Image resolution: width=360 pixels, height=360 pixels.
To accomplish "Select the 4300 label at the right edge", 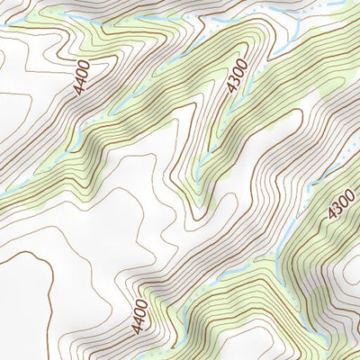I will [x=341, y=203].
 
